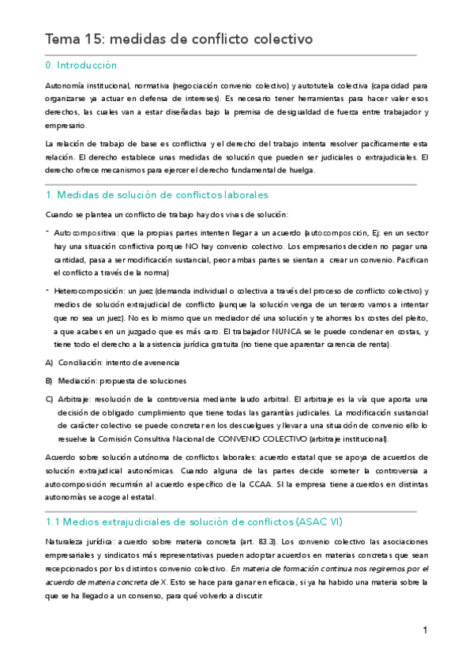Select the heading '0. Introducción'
click(81, 66)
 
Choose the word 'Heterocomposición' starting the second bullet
click(89, 292)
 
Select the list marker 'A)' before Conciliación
click(50, 362)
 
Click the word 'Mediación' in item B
click(77, 380)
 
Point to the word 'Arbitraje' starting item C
click(77, 399)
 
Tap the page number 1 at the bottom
click(425, 630)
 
